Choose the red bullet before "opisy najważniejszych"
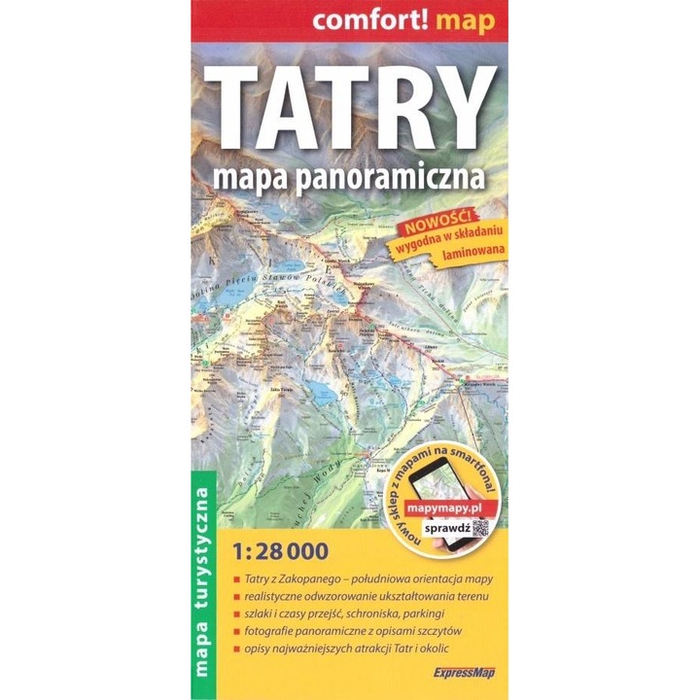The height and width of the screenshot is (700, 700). tap(237, 647)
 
